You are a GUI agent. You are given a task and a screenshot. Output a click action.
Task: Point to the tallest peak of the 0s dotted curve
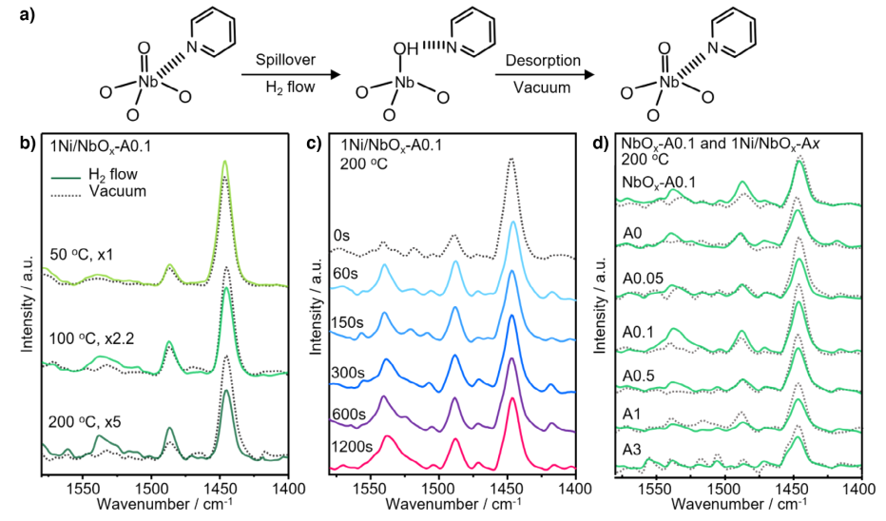pyautogui.click(x=511, y=160)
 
